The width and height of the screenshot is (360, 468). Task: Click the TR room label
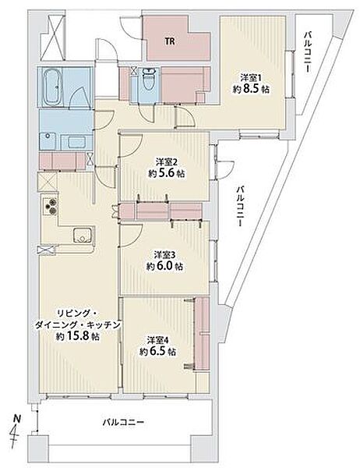(x=170, y=41)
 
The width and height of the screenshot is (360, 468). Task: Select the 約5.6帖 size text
(x=166, y=174)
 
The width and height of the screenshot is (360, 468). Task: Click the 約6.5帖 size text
(x=157, y=351)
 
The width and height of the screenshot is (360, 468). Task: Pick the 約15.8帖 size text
(x=78, y=336)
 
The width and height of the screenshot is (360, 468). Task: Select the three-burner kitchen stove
(x=50, y=206)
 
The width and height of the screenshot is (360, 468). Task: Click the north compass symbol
(x=16, y=429)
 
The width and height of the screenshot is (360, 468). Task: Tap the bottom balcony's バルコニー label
(x=123, y=422)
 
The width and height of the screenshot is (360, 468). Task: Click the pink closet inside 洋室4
(x=203, y=333)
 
